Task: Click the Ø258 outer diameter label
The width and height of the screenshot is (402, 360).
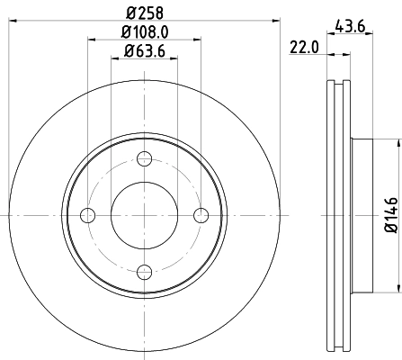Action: (145, 12)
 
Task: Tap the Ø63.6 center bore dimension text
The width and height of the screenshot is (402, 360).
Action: (145, 50)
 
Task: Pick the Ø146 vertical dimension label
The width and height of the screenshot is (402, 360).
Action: (389, 215)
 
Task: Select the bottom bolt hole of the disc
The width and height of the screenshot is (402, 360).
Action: (145, 269)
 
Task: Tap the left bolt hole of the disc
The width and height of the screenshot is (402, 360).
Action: (89, 214)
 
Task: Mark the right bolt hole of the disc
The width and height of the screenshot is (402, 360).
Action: (201, 214)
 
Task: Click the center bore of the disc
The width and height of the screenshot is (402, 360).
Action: (145, 214)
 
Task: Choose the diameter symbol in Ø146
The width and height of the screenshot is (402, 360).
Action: (389, 230)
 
